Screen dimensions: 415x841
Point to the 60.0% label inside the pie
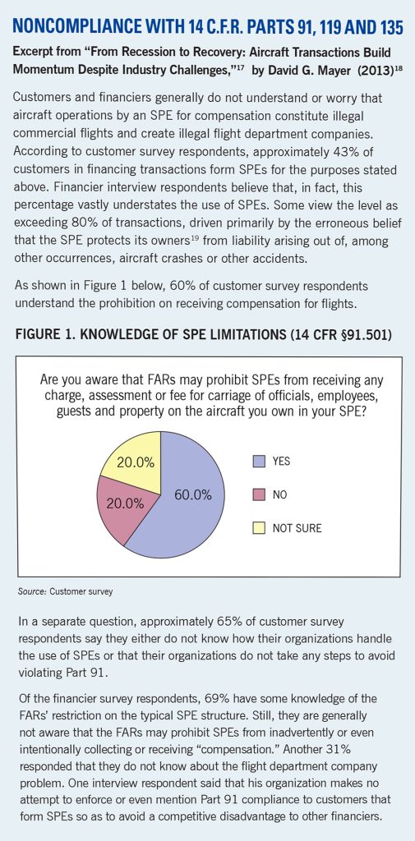tap(193, 495)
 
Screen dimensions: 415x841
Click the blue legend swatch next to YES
tap(260, 462)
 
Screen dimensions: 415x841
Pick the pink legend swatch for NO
tap(260, 495)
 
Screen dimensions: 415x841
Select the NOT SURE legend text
tap(297, 528)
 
